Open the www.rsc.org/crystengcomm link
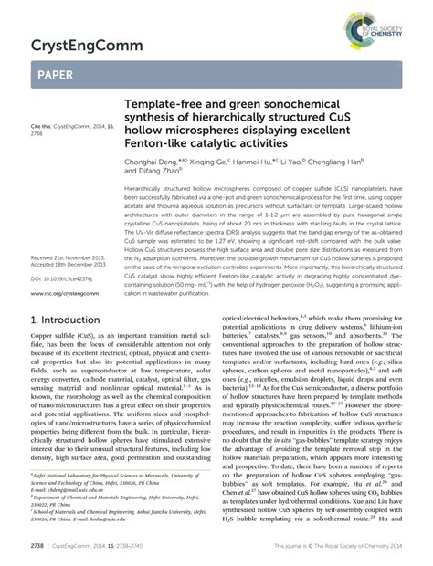[x=64, y=267]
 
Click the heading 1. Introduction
[x=71, y=321]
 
